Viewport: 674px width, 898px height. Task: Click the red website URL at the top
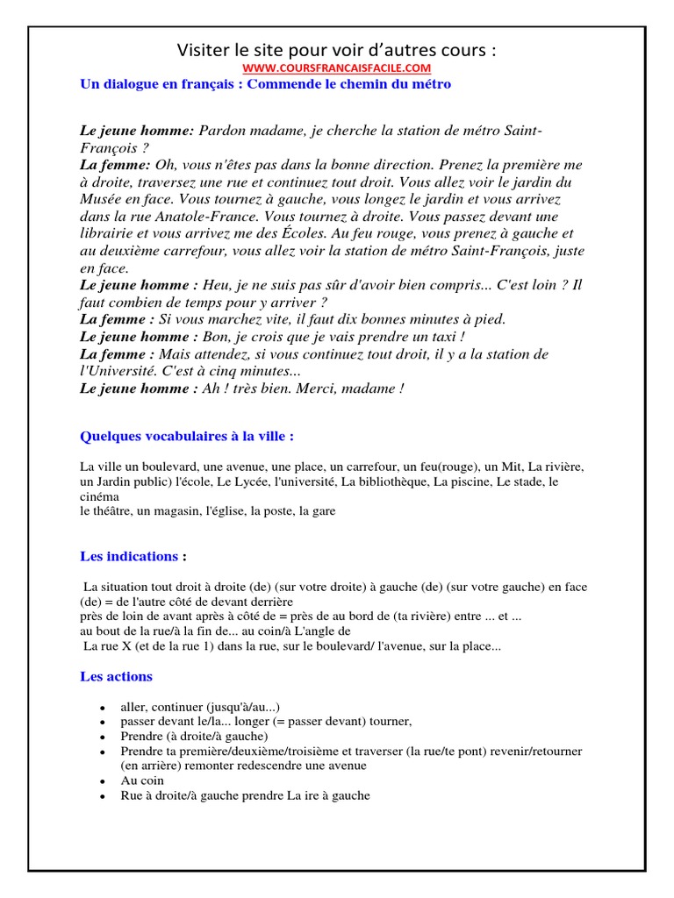tap(337, 68)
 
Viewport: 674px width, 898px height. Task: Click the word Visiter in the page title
tap(203, 49)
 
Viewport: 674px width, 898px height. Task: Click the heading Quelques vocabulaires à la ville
tap(187, 436)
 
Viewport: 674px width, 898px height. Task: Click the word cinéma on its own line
tap(99, 496)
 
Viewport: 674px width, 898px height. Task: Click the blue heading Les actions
tap(116, 676)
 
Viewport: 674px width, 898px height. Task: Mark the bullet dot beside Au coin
tap(104, 781)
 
